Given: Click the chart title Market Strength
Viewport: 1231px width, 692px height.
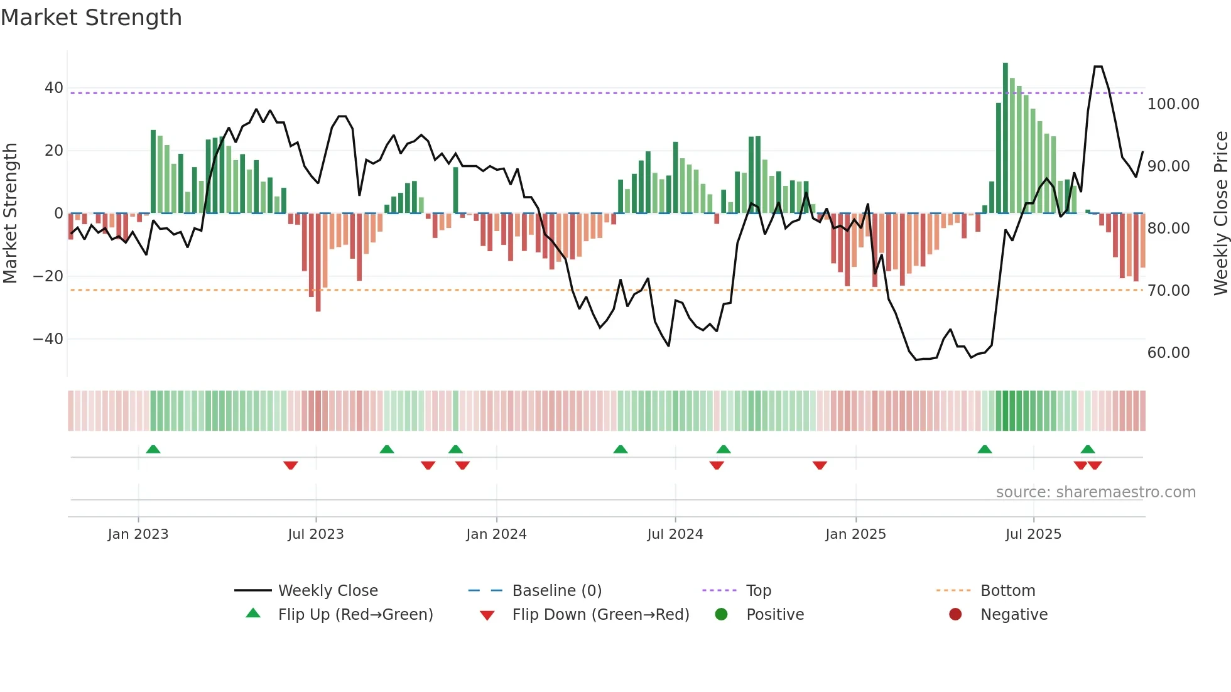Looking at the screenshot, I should pos(91,18).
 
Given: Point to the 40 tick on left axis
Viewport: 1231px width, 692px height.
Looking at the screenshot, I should pos(54,88).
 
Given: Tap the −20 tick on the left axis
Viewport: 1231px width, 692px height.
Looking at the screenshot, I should pos(48,276).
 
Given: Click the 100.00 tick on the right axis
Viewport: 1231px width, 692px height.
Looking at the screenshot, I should pos(1173,104).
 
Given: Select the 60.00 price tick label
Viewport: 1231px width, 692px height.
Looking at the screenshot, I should pos(1168,353).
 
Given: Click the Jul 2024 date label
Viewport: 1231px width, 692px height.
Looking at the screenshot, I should pos(675,534).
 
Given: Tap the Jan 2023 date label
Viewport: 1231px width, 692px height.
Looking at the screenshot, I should pos(138,534).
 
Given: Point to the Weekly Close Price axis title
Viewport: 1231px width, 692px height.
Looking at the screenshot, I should pos(1220,214).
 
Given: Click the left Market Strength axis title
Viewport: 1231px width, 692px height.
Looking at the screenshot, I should pos(10,214).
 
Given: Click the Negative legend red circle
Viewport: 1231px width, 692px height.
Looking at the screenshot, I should pos(955,615).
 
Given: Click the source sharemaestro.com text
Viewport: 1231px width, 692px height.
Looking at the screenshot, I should pos(1095,492).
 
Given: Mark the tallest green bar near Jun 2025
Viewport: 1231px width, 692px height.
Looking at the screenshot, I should pos(1006,138).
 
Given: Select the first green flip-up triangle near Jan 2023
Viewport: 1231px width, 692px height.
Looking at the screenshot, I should pos(153,449).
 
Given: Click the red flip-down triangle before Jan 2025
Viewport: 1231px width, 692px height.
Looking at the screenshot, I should pos(820,465).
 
